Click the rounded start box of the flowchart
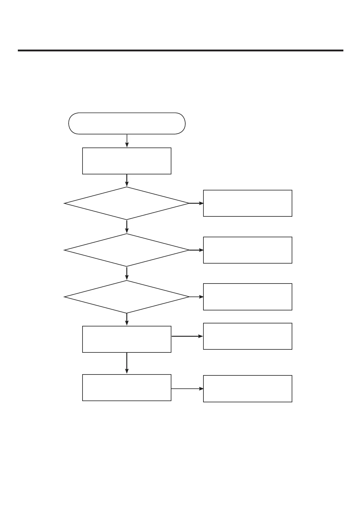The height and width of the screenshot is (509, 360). coord(127,123)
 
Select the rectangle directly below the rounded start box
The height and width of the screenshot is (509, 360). coord(127,161)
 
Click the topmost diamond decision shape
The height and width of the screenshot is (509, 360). coord(127,203)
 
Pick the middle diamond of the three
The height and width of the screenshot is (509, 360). coord(127,250)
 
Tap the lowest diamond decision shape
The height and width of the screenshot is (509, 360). coord(127,297)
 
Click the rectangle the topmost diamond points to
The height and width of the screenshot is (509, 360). coord(248,203)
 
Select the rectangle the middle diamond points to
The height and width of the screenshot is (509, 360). coord(248,250)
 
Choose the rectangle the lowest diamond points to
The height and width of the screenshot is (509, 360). coord(248,297)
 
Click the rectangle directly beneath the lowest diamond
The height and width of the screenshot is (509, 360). coord(127,339)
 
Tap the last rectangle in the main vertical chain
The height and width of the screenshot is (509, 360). coord(127,387)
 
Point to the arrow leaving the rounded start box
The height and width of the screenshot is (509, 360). coord(127,141)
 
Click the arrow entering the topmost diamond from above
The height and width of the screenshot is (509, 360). coord(127,180)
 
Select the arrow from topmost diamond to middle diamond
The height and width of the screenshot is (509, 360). coord(127,227)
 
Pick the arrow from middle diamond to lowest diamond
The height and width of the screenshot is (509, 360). coord(127,273)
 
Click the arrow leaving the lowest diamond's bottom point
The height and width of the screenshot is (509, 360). coord(127,319)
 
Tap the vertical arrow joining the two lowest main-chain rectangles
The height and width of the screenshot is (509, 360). coord(127,363)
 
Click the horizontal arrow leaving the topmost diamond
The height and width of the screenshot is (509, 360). coord(196,203)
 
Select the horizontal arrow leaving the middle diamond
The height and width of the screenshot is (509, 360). coord(196,250)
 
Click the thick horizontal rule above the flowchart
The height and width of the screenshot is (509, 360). coord(180,50)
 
